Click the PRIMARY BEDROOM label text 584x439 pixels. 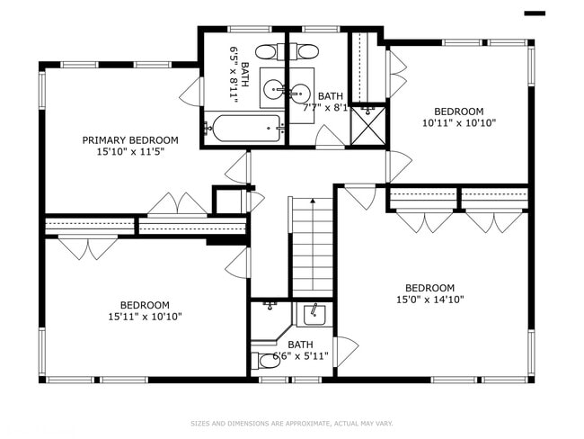pyautogui.click(x=130, y=140)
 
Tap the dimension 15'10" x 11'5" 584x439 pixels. pyautogui.click(x=130, y=152)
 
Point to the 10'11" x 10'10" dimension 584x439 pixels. pyautogui.click(x=459, y=122)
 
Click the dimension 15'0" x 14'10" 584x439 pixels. pyautogui.click(x=429, y=300)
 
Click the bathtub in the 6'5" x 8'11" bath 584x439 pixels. pyautogui.click(x=245, y=128)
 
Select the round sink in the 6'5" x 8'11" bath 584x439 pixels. pyautogui.click(x=273, y=89)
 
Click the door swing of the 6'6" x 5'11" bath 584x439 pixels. pyautogui.click(x=345, y=351)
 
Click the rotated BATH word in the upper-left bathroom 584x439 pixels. pyautogui.click(x=245, y=68)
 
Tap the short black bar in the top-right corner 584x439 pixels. pyautogui.click(x=535, y=13)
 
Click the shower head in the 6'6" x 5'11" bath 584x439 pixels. pyautogui.click(x=270, y=307)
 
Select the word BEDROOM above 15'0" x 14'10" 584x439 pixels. pyautogui.click(x=429, y=288)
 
